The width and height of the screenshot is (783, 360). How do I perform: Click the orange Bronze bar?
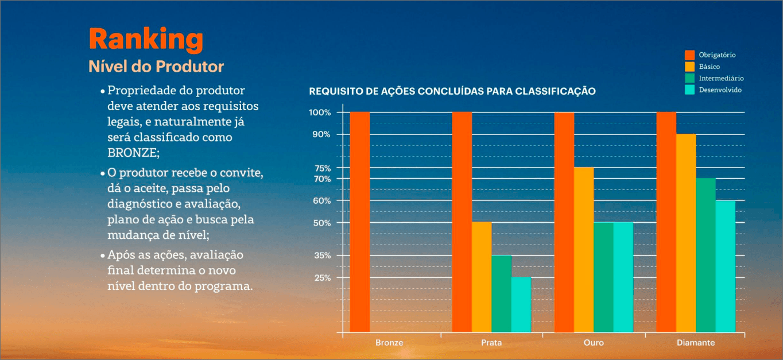tap(360, 222)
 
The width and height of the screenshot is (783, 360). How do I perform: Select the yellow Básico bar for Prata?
tap(482, 277)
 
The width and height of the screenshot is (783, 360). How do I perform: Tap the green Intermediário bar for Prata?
tap(502, 293)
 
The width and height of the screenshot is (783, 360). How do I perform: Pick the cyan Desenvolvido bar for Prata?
tap(521, 304)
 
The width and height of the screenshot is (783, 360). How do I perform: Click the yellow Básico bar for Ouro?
tap(584, 250)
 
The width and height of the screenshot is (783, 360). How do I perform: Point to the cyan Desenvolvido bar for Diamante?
tap(726, 266)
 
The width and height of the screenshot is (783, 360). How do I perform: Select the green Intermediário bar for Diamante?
tap(706, 255)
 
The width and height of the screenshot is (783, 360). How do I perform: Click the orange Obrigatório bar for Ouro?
tap(564, 222)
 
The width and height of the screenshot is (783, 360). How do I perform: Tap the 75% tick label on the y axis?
tap(323, 168)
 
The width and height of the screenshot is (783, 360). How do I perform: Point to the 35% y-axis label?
tap(322, 256)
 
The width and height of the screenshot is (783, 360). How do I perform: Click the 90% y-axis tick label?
tap(321, 134)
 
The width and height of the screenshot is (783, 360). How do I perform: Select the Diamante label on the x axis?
tap(696, 343)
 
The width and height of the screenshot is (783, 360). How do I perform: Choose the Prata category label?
tap(491, 343)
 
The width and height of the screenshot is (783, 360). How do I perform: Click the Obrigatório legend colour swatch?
tap(689, 55)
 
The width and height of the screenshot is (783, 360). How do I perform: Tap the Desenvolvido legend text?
tap(720, 90)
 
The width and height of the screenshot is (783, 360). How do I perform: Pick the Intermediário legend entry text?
tap(721, 78)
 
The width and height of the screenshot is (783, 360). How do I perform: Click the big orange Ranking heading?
tap(146, 40)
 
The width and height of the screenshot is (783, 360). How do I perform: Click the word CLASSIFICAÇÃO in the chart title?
tap(556, 91)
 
